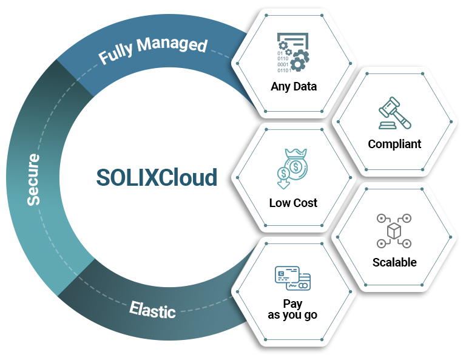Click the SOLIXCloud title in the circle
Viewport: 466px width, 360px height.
coord(157,178)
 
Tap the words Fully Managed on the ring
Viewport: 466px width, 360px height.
coord(153,51)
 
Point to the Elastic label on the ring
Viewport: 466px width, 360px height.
coord(152,310)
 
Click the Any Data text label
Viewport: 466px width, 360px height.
coord(294,86)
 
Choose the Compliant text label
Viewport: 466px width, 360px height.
coord(394,144)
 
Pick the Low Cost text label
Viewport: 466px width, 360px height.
coord(293,203)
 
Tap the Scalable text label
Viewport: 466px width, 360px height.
coord(394,262)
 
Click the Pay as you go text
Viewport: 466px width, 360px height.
coord(292,309)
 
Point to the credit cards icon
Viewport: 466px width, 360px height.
coord(292,278)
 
